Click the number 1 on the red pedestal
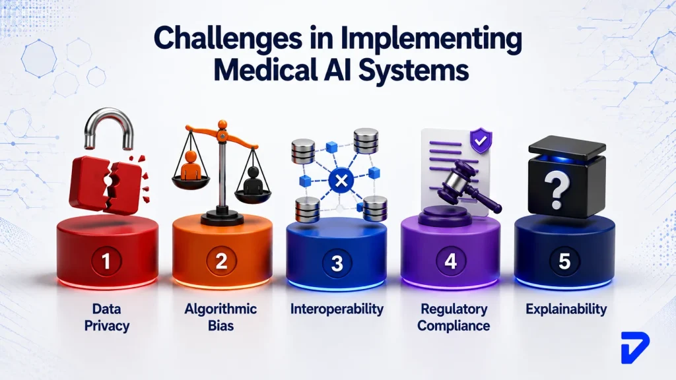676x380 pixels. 106,261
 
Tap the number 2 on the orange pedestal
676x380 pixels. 221,261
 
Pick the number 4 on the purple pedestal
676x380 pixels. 450,261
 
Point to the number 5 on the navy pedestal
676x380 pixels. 565,261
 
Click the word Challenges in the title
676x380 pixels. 228,40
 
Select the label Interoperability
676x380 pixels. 337,309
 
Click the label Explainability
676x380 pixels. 566,309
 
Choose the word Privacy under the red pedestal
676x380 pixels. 107,326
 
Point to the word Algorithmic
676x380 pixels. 220,309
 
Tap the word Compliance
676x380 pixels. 454,326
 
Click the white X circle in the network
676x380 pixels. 341,181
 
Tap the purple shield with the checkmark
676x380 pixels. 481,140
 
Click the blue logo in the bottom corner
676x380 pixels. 635,348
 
